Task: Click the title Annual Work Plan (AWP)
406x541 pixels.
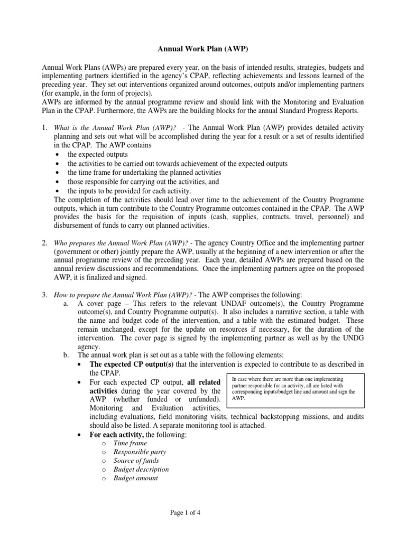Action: (x=203, y=49)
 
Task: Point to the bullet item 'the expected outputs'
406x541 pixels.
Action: (x=98, y=154)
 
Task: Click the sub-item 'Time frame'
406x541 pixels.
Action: (x=130, y=443)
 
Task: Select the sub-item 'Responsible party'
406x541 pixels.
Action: (x=140, y=452)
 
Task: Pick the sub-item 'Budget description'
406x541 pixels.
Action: (x=141, y=469)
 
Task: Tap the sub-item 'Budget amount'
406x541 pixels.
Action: (x=135, y=478)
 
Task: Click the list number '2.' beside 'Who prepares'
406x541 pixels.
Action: (x=45, y=242)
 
